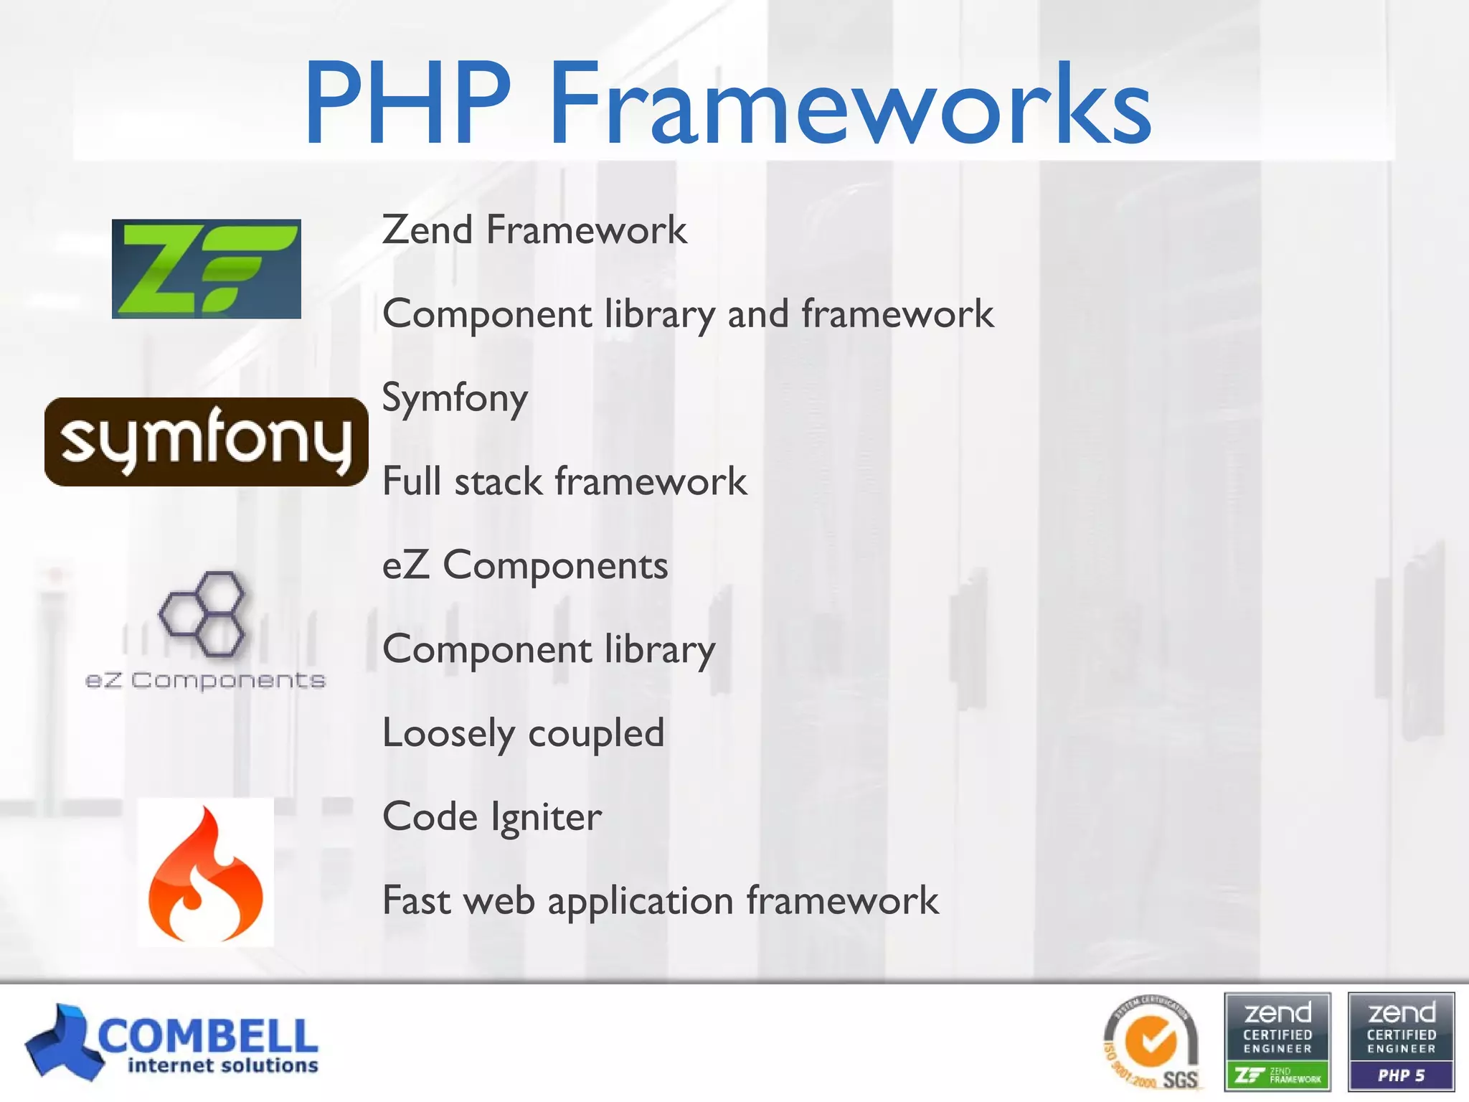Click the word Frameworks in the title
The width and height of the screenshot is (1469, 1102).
(850, 104)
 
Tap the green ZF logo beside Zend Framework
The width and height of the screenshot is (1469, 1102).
(207, 269)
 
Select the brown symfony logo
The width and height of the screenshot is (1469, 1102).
(207, 442)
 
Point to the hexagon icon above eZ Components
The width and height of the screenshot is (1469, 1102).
(202, 614)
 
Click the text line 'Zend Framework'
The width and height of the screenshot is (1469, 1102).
(534, 230)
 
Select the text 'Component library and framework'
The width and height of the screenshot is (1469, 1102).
(688, 314)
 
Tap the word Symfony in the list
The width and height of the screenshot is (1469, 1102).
(455, 398)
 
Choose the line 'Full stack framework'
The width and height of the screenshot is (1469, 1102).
(565, 481)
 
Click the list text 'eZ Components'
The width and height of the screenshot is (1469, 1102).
(525, 565)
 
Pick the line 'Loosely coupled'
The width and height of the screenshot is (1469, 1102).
(524, 733)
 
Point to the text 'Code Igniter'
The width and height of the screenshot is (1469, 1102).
(492, 817)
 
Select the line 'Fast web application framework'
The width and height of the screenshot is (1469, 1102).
(660, 901)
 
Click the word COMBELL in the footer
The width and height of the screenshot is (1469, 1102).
(208, 1035)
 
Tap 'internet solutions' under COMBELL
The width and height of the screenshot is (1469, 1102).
(222, 1066)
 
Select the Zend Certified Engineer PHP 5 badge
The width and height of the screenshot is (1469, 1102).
(1401, 1041)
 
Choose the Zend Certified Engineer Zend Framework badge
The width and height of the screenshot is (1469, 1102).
(1277, 1041)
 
